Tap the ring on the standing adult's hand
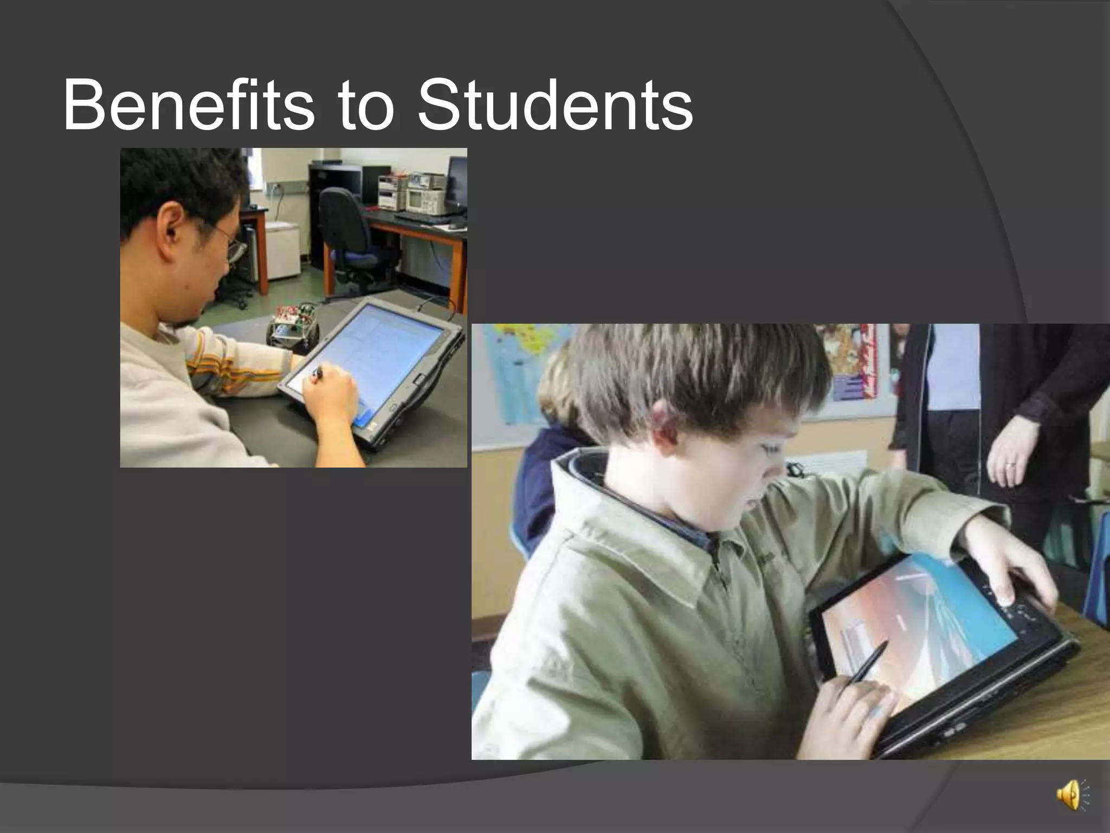coord(1009,465)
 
